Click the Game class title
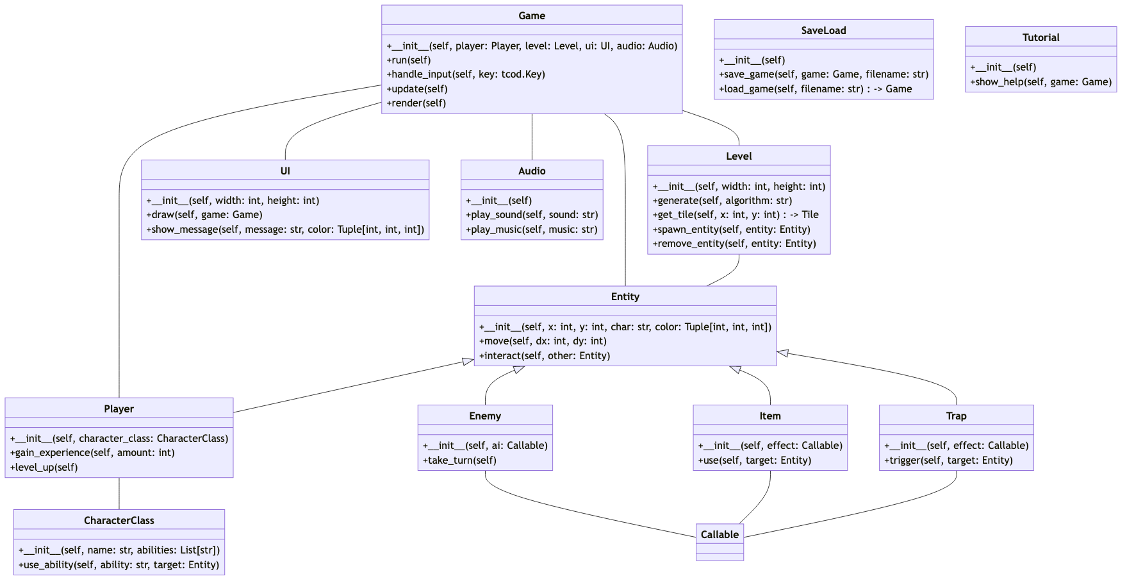(532, 16)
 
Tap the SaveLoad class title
(823, 31)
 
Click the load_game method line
(815, 89)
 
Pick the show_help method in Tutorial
(1041, 82)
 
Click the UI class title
(285, 171)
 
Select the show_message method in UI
(285, 230)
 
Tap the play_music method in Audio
(531, 230)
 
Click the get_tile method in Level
(735, 215)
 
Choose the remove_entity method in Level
(734, 244)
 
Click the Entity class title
(625, 297)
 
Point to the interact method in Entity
(544, 356)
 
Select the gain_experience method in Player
(92, 453)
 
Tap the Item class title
(769, 416)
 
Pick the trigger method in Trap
(948, 460)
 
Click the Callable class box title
(720, 535)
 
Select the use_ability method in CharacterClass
(119, 565)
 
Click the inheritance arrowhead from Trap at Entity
(783, 353)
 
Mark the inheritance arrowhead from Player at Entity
(468, 362)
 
